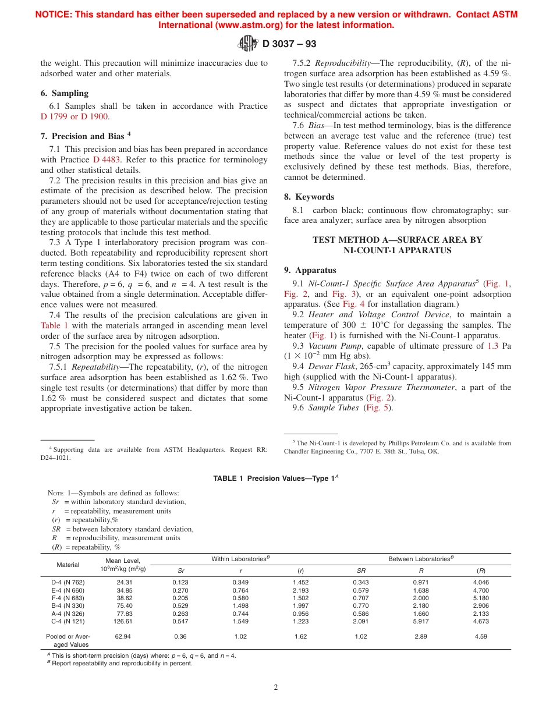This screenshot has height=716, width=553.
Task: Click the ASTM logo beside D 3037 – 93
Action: [x=249, y=43]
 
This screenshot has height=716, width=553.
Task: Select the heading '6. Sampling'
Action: [x=65, y=93]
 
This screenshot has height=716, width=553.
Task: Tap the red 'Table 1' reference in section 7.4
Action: [x=54, y=325]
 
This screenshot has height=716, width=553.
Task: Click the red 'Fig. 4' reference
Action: [x=353, y=304]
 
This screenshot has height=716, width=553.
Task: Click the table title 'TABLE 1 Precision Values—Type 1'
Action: [x=275, y=478]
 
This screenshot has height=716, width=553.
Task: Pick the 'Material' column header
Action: [x=68, y=565]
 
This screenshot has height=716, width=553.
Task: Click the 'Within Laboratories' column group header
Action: [x=240, y=559]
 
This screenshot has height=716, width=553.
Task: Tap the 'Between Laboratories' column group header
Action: [x=421, y=559]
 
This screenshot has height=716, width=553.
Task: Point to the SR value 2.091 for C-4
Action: [x=361, y=621]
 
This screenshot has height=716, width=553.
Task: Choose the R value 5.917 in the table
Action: [x=421, y=621]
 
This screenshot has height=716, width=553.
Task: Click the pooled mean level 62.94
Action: [x=123, y=637]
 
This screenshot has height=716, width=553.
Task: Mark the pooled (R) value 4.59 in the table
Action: [x=481, y=637]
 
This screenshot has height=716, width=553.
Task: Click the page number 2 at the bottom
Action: [x=276, y=687]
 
